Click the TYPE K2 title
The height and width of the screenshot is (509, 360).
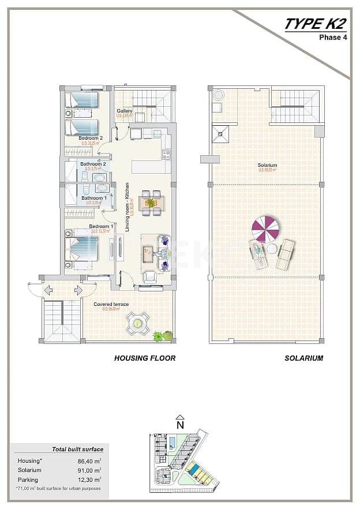click(x=314, y=24)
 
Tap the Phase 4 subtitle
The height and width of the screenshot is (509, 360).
click(x=333, y=38)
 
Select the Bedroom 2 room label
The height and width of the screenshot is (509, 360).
click(x=91, y=138)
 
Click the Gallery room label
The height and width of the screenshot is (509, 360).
click(x=125, y=111)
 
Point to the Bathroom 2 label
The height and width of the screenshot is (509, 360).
click(x=93, y=164)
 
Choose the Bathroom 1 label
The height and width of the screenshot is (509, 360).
click(x=93, y=198)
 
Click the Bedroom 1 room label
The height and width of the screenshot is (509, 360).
click(x=100, y=226)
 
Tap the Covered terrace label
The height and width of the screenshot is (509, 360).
click(x=111, y=304)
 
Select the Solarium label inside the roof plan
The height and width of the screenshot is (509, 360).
click(x=268, y=166)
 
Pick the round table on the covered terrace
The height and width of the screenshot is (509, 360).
click(x=138, y=324)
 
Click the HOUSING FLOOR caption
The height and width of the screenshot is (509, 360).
click(x=145, y=358)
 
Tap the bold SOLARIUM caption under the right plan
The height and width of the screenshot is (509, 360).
click(x=303, y=358)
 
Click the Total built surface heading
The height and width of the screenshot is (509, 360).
click(x=78, y=449)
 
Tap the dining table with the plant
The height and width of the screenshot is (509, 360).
click(x=151, y=203)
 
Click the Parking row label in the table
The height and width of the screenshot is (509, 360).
click(x=28, y=480)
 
